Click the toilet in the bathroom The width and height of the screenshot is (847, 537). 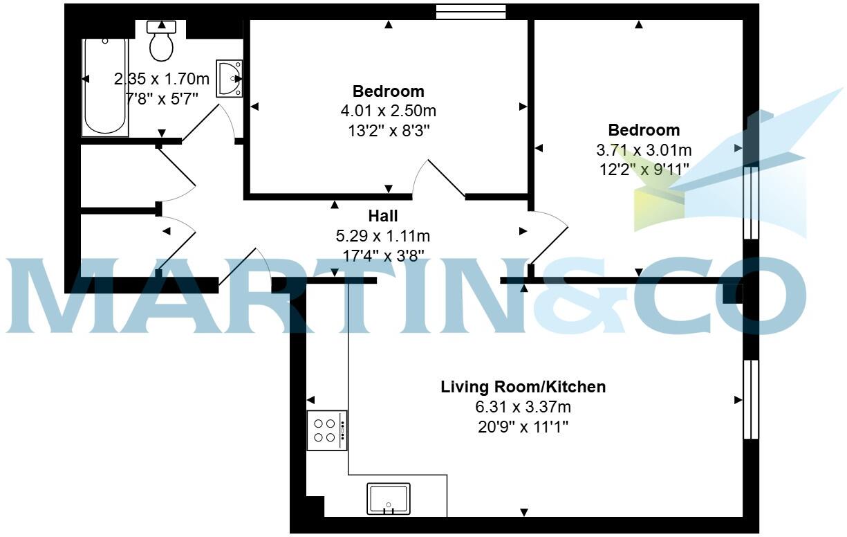click(x=162, y=42)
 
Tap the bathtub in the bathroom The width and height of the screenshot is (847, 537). click(x=104, y=87)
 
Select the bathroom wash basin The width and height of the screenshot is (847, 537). click(x=229, y=78)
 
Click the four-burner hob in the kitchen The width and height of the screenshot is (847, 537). click(x=327, y=430)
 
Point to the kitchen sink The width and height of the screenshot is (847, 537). click(x=388, y=499)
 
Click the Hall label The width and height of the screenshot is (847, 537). click(x=382, y=217)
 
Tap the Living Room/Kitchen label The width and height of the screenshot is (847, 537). click(x=523, y=387)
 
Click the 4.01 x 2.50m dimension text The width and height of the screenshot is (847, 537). click(x=388, y=111)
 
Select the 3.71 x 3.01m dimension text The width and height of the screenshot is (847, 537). click(x=643, y=149)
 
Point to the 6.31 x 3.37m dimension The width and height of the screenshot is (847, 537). click(x=523, y=407)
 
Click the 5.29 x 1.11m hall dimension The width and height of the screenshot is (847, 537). click(x=382, y=237)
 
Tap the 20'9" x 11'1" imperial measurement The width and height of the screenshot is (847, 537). click(x=523, y=427)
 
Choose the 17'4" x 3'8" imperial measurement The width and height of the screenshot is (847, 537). click(x=382, y=256)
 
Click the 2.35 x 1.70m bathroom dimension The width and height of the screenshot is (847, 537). click(x=161, y=79)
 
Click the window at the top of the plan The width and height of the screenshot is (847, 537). click(x=471, y=11)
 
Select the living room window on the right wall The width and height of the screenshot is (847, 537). click(x=750, y=399)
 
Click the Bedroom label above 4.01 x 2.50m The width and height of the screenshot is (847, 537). click(x=388, y=91)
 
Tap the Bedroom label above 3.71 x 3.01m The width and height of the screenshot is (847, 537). click(x=643, y=130)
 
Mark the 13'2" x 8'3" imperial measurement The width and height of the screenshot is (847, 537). click(x=388, y=130)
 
